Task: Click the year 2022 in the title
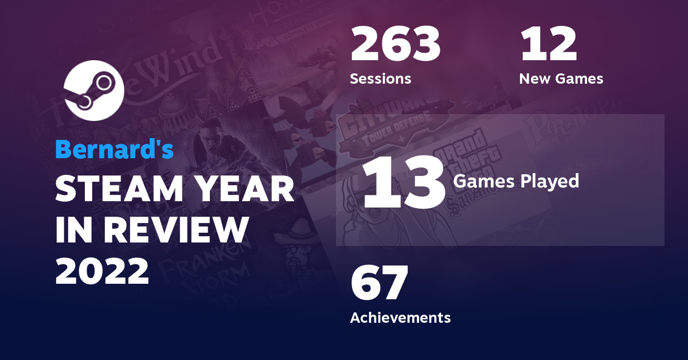point(102,271)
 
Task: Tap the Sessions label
point(380,79)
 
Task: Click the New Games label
point(561,79)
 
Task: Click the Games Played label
point(516,182)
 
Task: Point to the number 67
point(379,284)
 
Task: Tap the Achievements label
point(400,317)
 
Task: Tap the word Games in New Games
point(580,79)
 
